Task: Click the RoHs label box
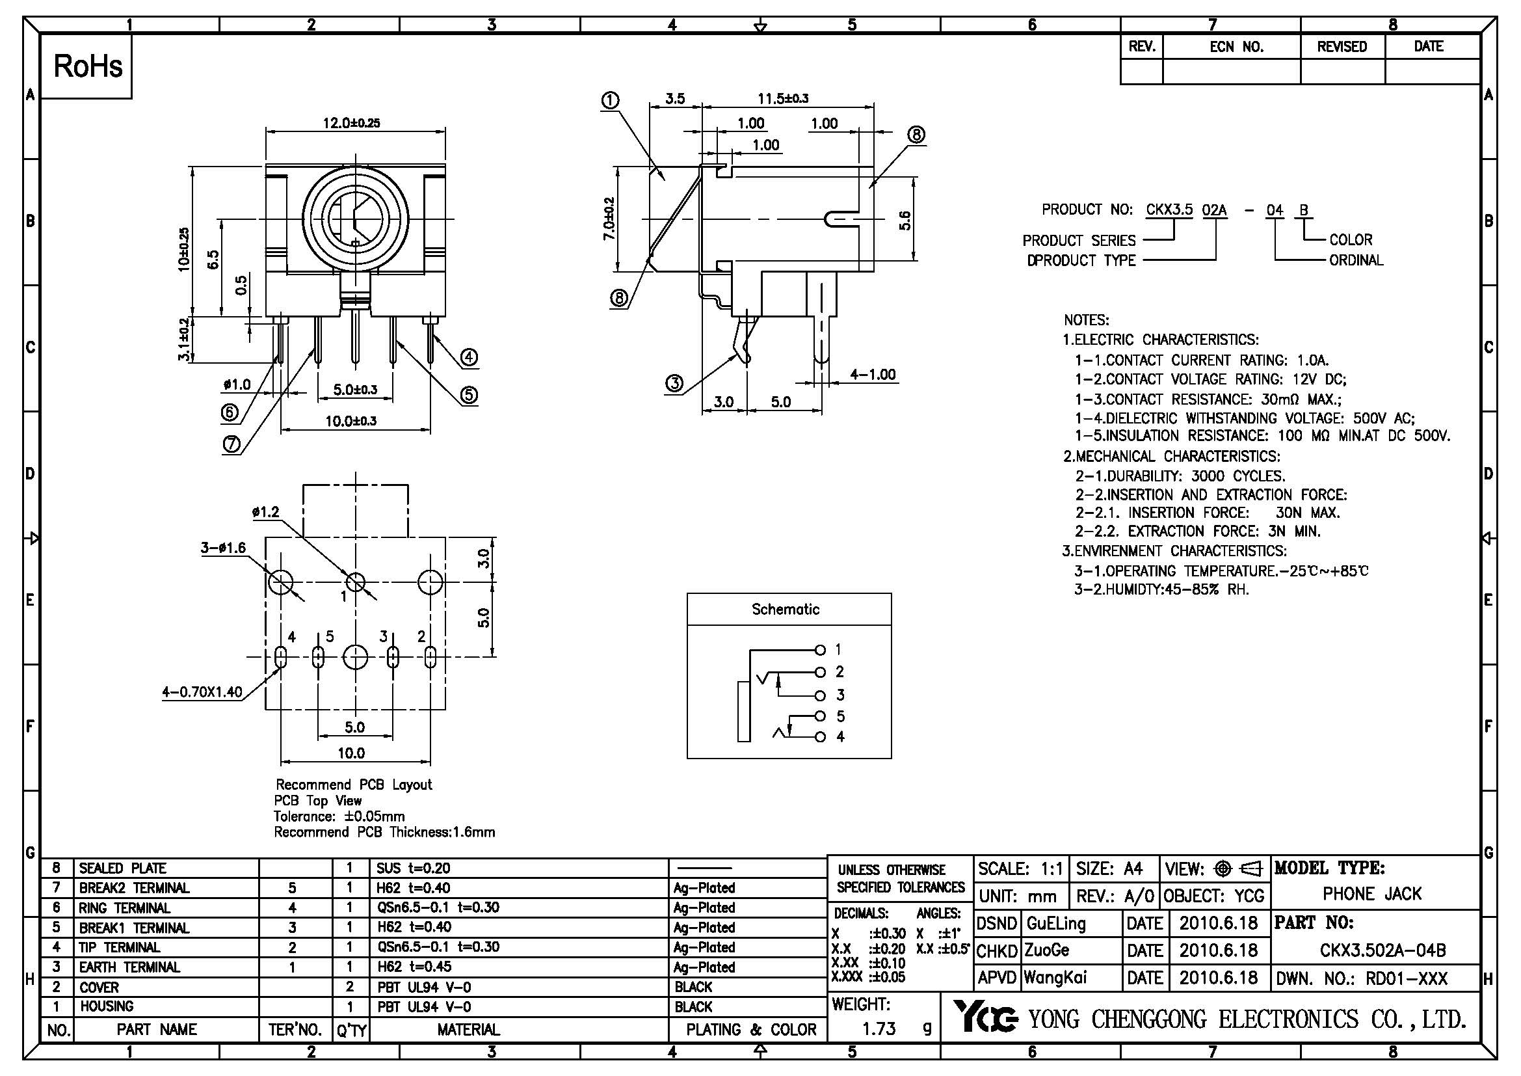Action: tap(87, 66)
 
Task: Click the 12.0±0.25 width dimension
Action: tap(351, 122)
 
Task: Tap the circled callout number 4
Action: tap(469, 358)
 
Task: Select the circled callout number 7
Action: tap(231, 445)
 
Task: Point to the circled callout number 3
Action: tap(674, 383)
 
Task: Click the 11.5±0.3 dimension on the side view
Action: tap(783, 99)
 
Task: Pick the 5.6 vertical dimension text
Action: tap(905, 220)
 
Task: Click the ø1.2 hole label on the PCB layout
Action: tap(266, 511)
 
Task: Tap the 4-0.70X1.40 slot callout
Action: tap(202, 693)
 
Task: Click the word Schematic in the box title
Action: tap(786, 610)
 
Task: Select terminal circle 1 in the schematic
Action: tap(820, 649)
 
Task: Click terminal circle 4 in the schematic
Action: tap(820, 737)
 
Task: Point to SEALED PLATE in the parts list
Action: tap(122, 868)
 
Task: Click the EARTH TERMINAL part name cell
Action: tap(130, 967)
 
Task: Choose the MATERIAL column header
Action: tap(468, 1030)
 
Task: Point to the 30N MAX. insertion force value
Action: tap(1308, 513)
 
